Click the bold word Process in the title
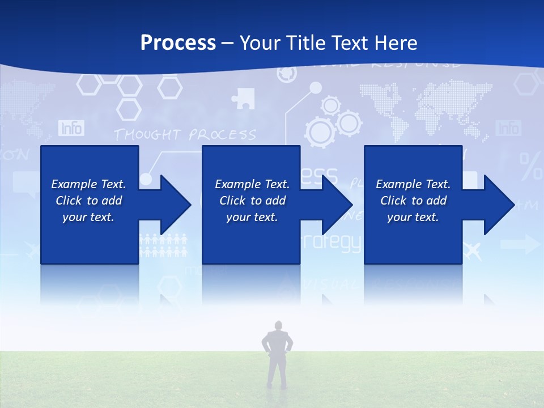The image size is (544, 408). [x=178, y=43]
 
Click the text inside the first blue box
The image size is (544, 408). [x=89, y=201]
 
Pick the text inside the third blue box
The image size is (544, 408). [x=413, y=201]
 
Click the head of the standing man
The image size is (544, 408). [x=278, y=326]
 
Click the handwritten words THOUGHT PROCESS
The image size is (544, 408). [x=185, y=135]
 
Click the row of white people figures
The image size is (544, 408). [x=163, y=245]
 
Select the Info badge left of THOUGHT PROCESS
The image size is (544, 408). [x=71, y=128]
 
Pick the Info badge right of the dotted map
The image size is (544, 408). [x=508, y=128]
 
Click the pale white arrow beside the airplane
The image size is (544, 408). [x=520, y=245]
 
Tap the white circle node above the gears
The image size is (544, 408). [x=316, y=87]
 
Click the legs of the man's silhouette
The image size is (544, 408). [x=277, y=371]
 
